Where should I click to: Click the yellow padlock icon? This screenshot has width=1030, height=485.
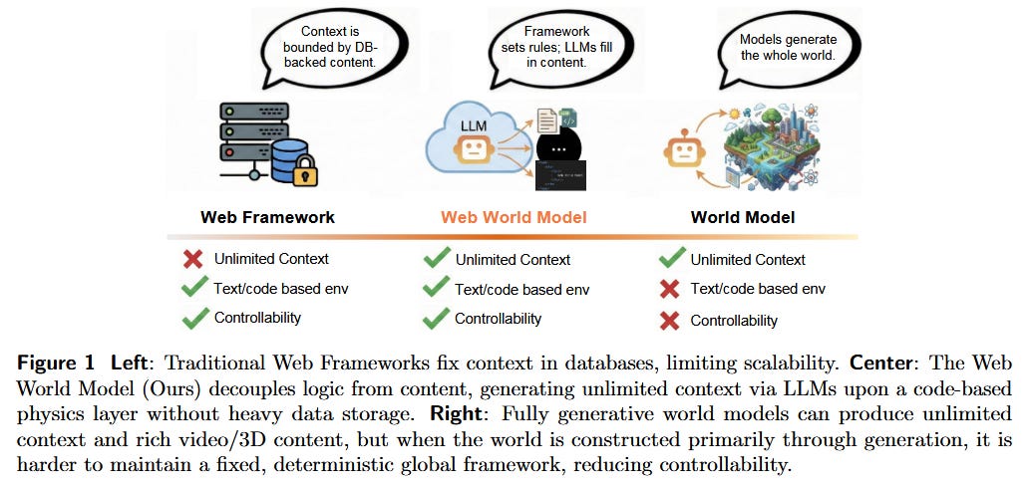(x=305, y=170)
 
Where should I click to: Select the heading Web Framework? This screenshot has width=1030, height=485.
(x=267, y=217)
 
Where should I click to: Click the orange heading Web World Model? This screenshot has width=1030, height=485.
(x=514, y=217)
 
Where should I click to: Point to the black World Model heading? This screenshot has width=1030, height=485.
(x=743, y=217)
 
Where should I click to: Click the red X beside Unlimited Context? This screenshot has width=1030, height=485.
(x=193, y=260)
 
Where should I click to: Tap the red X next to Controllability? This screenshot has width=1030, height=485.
(x=672, y=321)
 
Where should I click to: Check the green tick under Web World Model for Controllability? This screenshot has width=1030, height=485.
(x=436, y=319)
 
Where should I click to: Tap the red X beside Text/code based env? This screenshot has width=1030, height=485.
(x=672, y=290)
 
